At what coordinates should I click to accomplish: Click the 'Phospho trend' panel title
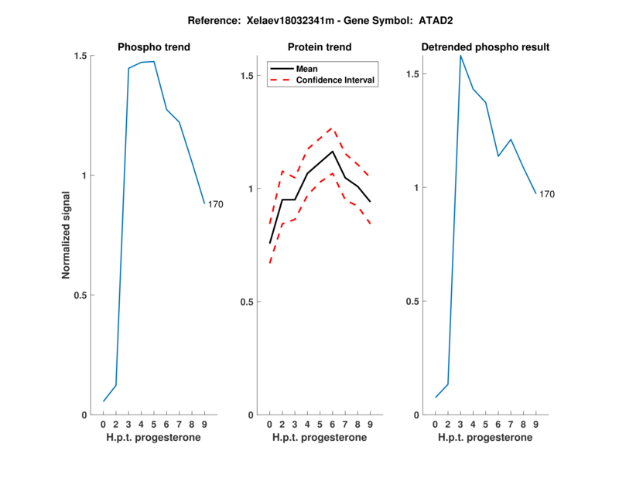point(154,47)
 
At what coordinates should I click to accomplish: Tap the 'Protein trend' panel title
point(319,47)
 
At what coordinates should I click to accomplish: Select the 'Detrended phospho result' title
point(485,47)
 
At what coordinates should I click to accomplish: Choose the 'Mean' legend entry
point(307,69)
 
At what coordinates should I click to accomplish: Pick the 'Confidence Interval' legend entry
point(336,80)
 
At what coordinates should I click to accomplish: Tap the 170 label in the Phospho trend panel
point(216,204)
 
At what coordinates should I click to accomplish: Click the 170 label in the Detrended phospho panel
point(547,194)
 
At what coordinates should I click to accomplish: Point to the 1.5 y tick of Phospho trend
point(80,56)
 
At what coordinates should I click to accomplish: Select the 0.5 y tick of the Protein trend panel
point(247,302)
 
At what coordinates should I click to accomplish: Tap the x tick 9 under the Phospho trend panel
point(204,425)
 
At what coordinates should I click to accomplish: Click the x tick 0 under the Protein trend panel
point(269,425)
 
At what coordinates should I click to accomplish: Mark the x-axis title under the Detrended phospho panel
point(485,438)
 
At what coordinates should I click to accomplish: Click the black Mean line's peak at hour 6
point(333,151)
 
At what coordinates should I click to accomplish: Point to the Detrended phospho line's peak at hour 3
point(460,56)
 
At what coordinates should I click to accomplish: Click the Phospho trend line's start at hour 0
point(104,401)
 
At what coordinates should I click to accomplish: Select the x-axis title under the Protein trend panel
point(319,438)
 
